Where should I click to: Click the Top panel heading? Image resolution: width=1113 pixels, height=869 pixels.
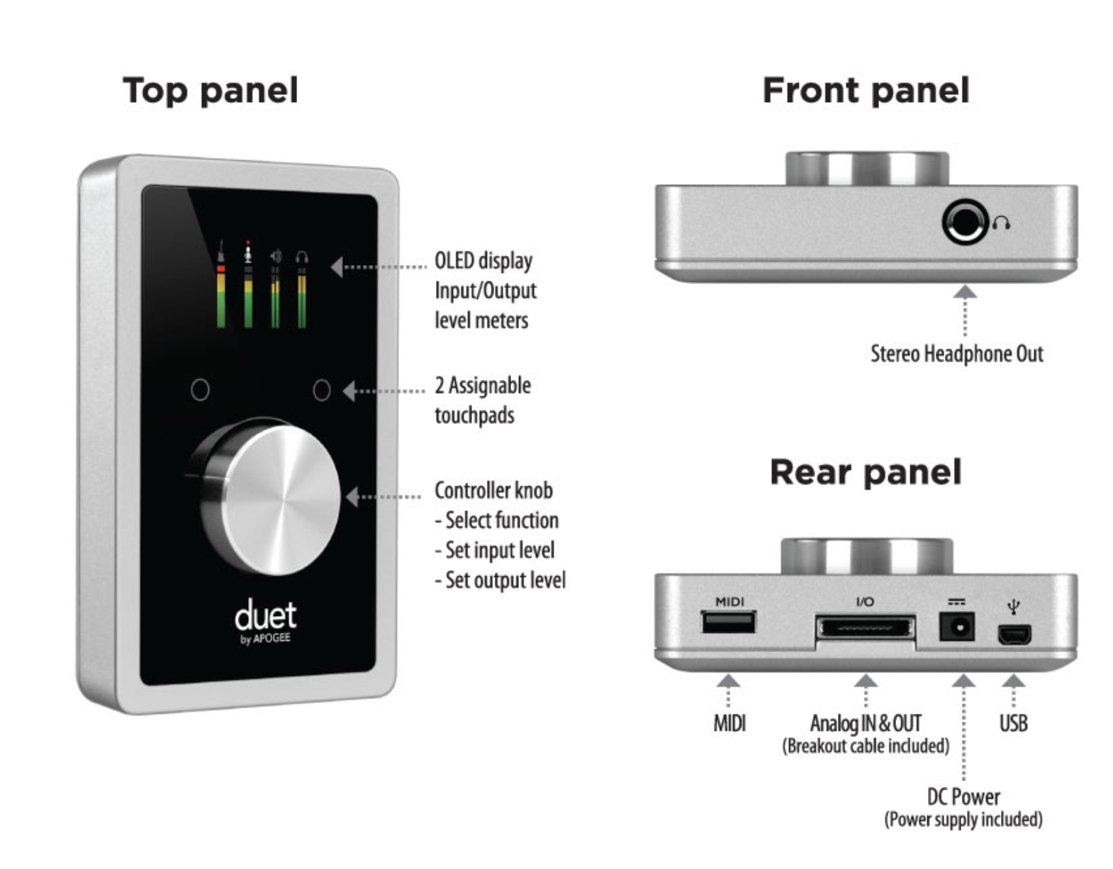(211, 91)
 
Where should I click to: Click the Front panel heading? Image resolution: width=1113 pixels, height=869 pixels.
(866, 91)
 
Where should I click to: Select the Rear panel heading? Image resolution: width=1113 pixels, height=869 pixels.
(866, 472)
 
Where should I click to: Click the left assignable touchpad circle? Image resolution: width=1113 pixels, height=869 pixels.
(201, 390)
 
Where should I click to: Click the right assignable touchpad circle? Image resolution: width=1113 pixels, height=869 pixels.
(322, 390)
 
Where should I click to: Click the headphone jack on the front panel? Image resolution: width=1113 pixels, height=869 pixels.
(964, 223)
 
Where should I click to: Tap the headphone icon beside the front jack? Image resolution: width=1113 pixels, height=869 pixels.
(1001, 224)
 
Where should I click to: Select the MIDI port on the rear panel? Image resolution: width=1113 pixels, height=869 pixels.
(729, 622)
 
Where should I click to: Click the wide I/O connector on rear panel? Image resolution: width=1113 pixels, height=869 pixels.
(865, 628)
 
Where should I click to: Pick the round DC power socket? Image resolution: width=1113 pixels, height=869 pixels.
(956, 627)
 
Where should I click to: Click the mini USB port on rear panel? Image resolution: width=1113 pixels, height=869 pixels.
(1014, 634)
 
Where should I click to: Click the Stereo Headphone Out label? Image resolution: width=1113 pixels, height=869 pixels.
(956, 354)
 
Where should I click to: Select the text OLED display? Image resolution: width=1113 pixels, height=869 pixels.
(483, 261)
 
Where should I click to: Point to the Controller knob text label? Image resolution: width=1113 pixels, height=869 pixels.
(493, 490)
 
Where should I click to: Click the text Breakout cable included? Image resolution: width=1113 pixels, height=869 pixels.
(866, 746)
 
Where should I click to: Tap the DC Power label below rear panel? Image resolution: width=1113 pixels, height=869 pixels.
(963, 797)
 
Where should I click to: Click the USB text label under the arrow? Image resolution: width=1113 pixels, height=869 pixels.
(1013, 723)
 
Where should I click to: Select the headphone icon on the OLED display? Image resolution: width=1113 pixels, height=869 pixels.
(302, 257)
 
